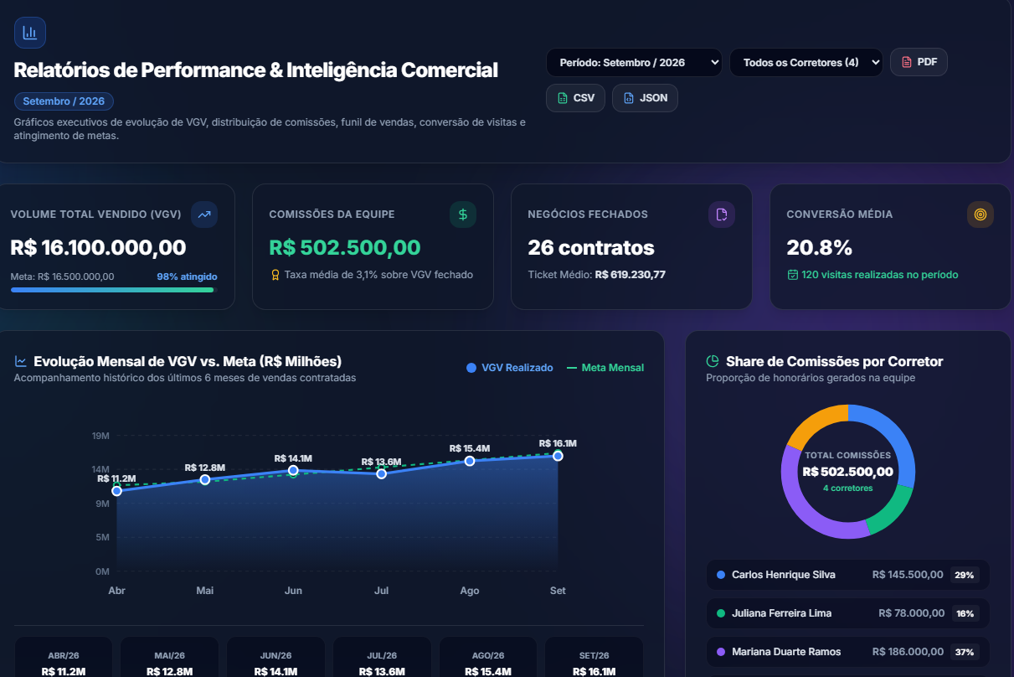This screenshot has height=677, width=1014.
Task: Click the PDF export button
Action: coord(919,62)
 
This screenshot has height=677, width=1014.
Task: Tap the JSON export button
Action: coord(645,98)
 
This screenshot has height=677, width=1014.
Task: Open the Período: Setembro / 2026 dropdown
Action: coord(634,63)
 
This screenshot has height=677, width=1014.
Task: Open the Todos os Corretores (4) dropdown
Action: coord(806,63)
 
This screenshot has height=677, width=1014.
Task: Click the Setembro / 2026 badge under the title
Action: coord(64,101)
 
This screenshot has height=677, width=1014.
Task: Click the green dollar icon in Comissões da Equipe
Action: coord(463,214)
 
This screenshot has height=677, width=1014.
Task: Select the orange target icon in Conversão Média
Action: coord(980,214)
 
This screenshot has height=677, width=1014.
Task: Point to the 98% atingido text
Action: coord(187,276)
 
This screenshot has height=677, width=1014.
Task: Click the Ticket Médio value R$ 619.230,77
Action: coord(631,275)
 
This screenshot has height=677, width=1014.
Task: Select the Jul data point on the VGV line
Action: coord(382,473)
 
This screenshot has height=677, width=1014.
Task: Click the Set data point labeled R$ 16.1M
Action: coord(558,456)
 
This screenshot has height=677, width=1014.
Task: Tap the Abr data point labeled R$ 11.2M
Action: coord(116,491)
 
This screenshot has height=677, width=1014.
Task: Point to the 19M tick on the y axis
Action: coord(100,436)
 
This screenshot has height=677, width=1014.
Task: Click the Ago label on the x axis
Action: coord(470,591)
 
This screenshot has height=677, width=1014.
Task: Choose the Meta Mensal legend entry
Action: coord(605,368)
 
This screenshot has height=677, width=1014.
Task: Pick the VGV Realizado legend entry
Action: coord(510,368)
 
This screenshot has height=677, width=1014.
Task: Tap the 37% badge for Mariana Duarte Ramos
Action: coord(965,652)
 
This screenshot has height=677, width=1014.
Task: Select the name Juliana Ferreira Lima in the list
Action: coord(782,613)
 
